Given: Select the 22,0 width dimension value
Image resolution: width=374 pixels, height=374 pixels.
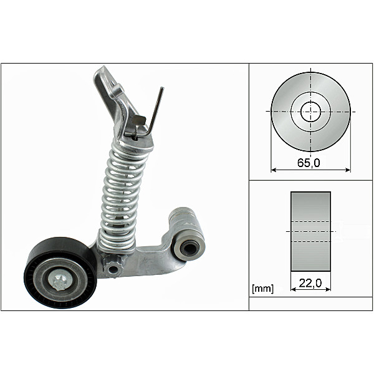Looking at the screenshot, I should tap(310, 283).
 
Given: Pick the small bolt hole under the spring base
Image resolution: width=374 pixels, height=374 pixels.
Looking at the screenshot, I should tap(112, 269).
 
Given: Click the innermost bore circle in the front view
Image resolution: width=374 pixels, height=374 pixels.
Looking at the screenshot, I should tap(310, 112).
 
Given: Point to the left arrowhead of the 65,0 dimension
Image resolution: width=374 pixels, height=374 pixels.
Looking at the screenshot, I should tap(274, 169).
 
